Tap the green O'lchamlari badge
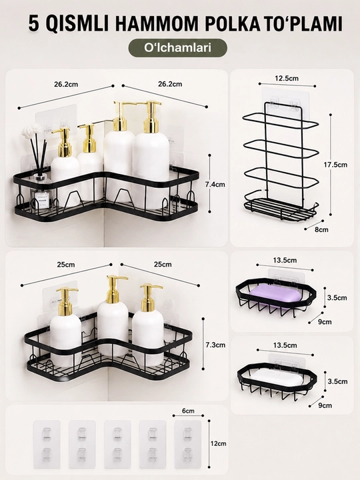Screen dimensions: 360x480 click(x=177, y=48)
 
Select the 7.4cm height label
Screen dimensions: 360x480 click(x=215, y=184)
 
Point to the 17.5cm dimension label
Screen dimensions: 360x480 click(x=335, y=165)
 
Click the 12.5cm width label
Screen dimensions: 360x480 click(x=287, y=78)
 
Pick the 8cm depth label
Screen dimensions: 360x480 click(x=321, y=229)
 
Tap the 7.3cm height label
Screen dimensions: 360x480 click(x=215, y=345)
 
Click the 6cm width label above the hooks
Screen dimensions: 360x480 click(x=188, y=411)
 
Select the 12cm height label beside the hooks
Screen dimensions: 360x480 click(x=218, y=443)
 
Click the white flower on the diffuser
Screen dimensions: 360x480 click(x=31, y=131)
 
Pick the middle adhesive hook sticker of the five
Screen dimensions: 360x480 click(x=117, y=444)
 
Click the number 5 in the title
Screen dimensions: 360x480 click(x=34, y=23)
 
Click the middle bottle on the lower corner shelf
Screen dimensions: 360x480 click(x=113, y=315)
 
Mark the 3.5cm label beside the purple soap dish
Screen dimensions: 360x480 click(x=337, y=297)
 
